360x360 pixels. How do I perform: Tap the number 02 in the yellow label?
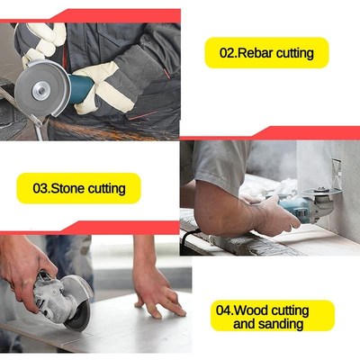click(225, 53)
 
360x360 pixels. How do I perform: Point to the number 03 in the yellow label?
click(41, 189)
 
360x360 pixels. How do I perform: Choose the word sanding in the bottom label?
click(283, 324)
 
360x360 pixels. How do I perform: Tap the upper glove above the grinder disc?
click(40, 40)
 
